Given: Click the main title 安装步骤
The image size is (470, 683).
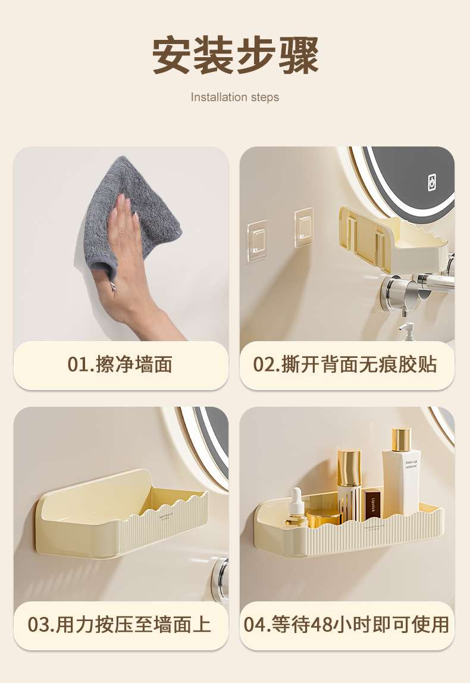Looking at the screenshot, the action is tap(235, 55).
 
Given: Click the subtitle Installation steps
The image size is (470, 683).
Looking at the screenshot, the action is tap(235, 97).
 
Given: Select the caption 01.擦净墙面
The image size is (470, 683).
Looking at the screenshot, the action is tap(120, 364).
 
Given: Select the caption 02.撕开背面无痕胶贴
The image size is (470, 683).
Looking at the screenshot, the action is tap(345, 364).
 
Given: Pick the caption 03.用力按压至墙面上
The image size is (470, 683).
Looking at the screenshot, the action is tap(119, 625).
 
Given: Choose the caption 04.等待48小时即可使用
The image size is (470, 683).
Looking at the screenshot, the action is tap(346, 625).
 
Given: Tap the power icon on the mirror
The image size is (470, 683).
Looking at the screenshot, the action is tap(431, 182).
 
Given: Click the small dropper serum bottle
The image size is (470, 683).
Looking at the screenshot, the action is tap(296, 507).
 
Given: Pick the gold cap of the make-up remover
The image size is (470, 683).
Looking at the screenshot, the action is tap(401, 440).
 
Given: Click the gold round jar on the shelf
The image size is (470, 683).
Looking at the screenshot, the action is tap(324, 518).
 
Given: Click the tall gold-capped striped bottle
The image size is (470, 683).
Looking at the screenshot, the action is tap(349, 484).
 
